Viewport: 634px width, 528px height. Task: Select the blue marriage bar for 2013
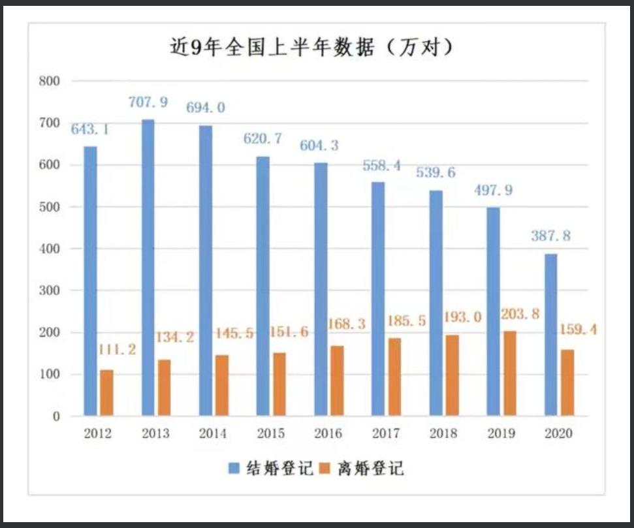(148, 268)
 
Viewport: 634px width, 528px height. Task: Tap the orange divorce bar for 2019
(509, 373)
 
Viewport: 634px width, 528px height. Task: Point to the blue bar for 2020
(551, 334)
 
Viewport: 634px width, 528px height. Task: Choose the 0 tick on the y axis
(56, 416)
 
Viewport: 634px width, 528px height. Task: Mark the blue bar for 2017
(378, 298)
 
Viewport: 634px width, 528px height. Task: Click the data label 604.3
(319, 146)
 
